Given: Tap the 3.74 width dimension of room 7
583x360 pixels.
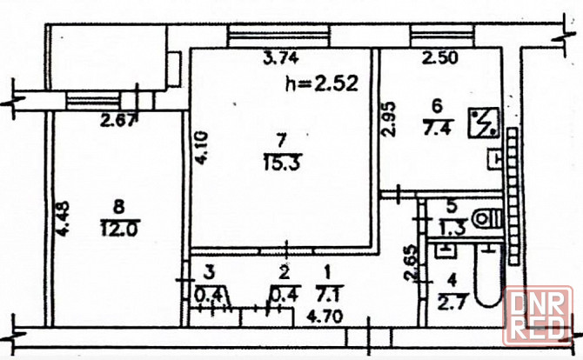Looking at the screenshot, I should pos(280,59).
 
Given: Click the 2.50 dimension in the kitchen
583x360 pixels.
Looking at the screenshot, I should pos(440,59).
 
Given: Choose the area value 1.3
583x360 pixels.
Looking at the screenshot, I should pos(451,230).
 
